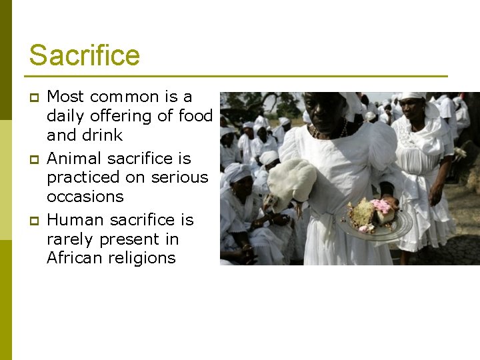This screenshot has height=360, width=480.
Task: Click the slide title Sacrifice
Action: click(84, 55)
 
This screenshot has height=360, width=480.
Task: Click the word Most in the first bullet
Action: click(65, 97)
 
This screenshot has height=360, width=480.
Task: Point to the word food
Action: click(195, 115)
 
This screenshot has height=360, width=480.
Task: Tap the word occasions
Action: click(85, 197)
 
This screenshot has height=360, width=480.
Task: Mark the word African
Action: click(75, 258)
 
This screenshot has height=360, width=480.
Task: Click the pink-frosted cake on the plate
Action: click(382, 209)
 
